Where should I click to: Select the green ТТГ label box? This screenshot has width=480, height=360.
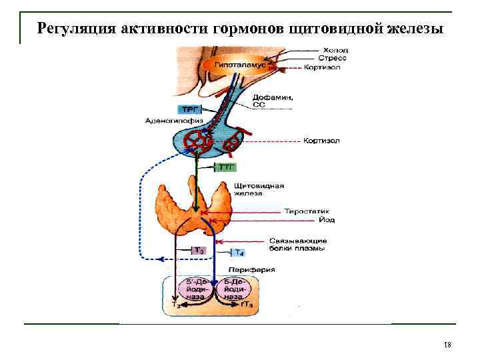click(x=227, y=167)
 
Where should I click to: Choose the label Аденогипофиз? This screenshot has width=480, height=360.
click(x=169, y=121)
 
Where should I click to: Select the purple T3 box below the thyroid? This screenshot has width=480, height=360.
click(x=198, y=251)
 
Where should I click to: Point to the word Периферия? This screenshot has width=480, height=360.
click(x=255, y=269)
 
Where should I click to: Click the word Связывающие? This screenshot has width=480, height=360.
click(x=297, y=240)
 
